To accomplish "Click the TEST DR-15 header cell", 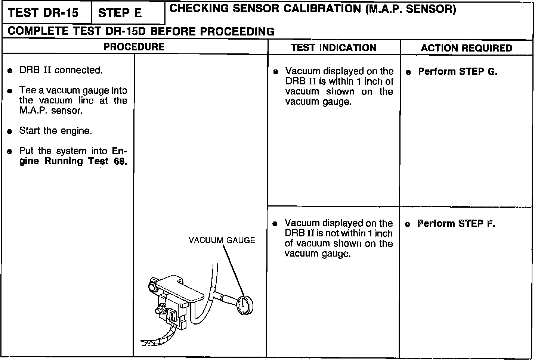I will click(43, 13).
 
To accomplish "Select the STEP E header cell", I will click(120, 13).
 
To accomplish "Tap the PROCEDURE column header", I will click(134, 47).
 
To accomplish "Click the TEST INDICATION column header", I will click(333, 48).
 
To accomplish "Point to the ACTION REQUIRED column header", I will click(466, 48).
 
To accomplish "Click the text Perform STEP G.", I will click(458, 72).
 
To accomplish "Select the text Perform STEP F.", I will click(456, 224).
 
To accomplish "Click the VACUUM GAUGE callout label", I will click(222, 240).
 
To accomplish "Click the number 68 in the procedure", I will click(120, 161).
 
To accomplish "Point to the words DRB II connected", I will click(61, 70).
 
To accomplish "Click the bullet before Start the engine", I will click(10, 131).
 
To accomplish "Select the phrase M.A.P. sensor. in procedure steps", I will click(51, 111).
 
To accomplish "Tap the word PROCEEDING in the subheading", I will click(237, 32).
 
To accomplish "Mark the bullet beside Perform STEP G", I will click(408, 72).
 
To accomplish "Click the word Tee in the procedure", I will click(28, 91).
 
